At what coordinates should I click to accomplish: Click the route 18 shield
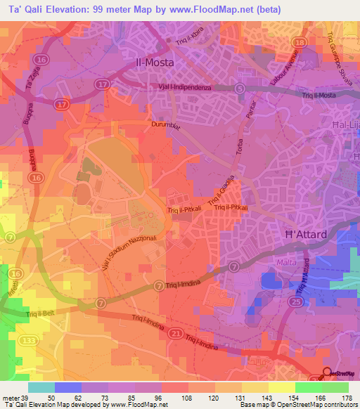point(300,43)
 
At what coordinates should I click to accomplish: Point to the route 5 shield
point(240,88)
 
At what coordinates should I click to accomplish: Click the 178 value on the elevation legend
point(346,397)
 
